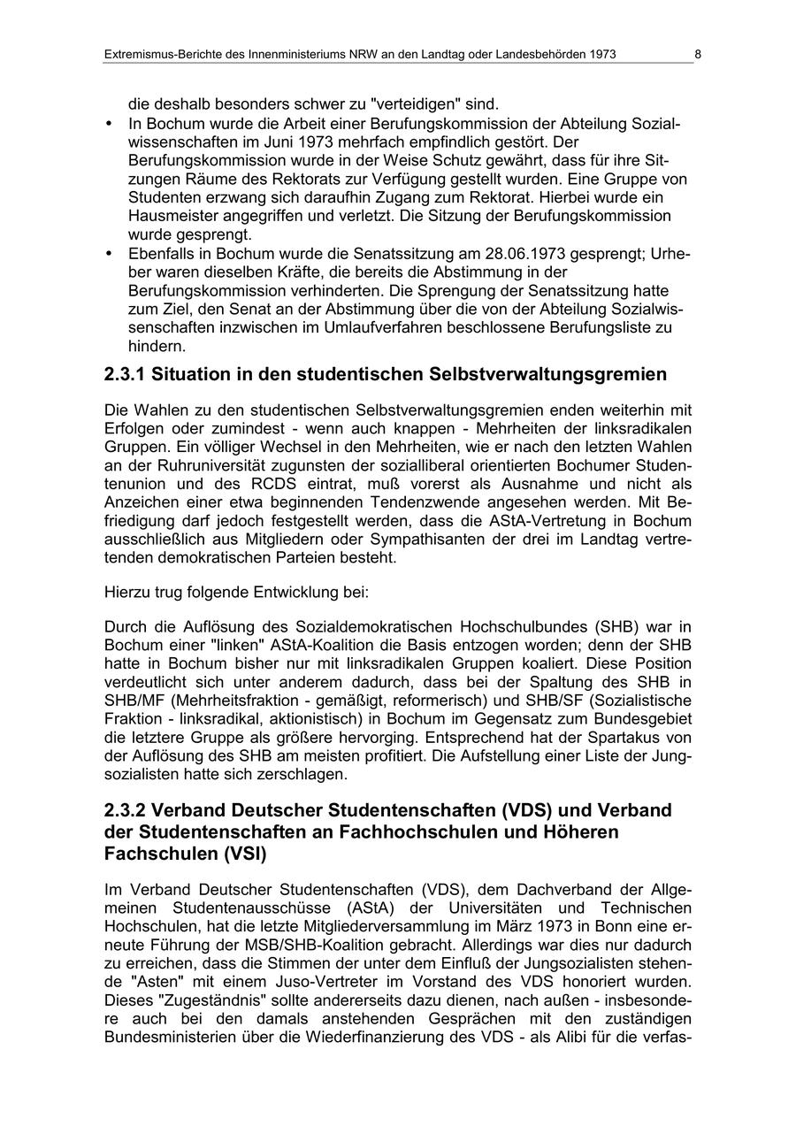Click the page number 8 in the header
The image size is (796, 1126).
697,55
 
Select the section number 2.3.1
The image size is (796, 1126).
125,375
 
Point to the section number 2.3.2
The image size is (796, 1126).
125,811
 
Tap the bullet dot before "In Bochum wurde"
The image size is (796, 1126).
109,123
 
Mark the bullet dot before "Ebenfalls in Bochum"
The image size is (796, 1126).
109,254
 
